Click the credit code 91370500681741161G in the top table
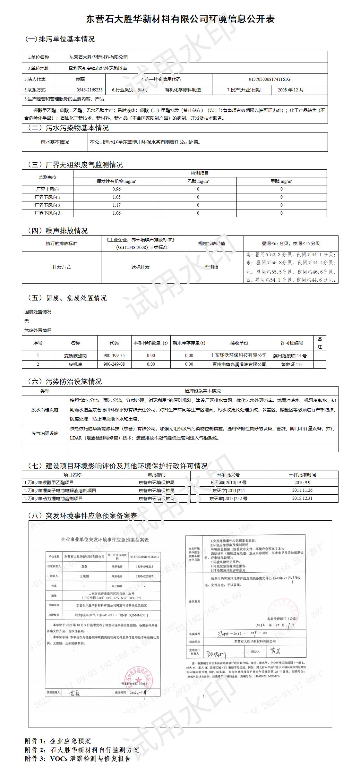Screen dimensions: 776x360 click(270, 79)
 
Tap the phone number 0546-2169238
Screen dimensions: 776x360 click(90, 90)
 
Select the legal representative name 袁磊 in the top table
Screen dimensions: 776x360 click(80, 79)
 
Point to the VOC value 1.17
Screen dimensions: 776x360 click(116, 205)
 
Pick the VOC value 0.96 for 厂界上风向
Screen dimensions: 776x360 click(116, 189)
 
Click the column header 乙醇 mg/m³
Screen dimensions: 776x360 click(198, 181)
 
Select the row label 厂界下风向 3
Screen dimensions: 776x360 click(47, 213)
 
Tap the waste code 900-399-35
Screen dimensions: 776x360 click(114, 356)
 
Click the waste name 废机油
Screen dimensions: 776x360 click(75, 364)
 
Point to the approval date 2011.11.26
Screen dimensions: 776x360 click(302, 490)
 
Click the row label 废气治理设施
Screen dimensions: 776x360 click(45, 433)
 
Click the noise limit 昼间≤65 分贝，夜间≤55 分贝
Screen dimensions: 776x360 click(291, 244)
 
